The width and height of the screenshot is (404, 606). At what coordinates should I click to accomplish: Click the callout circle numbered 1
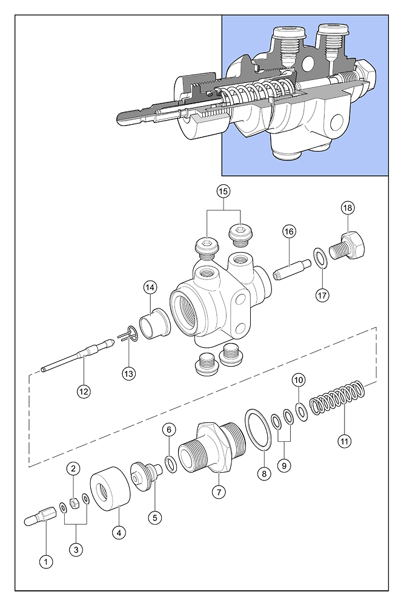click(46, 562)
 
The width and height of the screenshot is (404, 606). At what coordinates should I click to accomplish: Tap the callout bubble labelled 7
click(219, 492)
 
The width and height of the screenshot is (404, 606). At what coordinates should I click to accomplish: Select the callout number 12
click(84, 391)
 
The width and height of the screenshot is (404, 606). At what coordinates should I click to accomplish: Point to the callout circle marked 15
click(224, 191)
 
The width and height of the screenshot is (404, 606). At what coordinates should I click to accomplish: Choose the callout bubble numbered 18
click(348, 208)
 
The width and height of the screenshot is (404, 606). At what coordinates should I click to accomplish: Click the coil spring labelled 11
click(337, 399)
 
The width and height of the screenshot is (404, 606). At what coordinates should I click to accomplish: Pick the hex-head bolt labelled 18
click(346, 246)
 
